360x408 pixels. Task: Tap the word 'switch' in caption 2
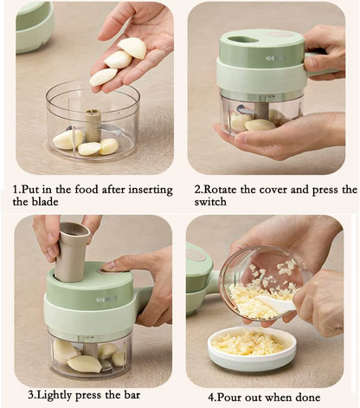coord(211,202)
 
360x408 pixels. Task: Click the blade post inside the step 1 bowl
coord(92,122)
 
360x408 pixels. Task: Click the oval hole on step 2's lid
coord(247,39)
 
